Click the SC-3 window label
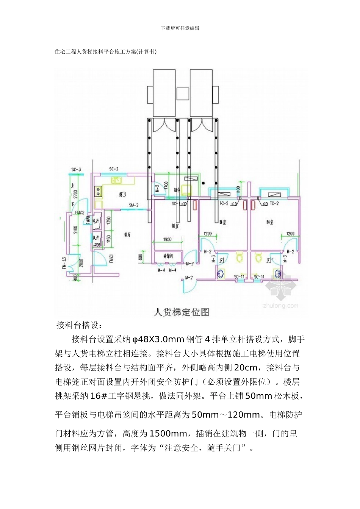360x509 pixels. (76, 169)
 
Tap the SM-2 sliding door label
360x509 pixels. (134, 205)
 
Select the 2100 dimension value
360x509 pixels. (75, 230)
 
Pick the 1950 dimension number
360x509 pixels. (167, 239)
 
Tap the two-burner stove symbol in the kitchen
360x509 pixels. (99, 191)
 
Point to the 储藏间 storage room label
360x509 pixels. (168, 256)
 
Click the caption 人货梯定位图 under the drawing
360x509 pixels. (182, 312)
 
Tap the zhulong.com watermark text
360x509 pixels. (280, 305)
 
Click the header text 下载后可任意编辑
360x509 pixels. (180, 28)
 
